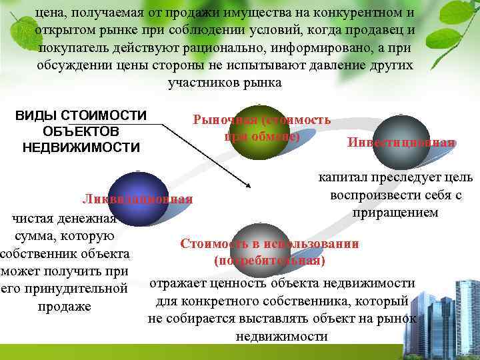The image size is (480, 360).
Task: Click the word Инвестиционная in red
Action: tap(401, 143)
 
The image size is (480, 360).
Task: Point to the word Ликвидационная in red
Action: tap(137, 199)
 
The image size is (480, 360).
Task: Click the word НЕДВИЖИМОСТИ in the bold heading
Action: tap(81, 147)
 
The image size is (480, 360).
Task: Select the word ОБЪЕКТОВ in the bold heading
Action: tap(81, 131)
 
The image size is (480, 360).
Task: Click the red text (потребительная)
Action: tap(269, 260)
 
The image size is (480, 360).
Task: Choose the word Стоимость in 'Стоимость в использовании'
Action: tap(212, 243)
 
